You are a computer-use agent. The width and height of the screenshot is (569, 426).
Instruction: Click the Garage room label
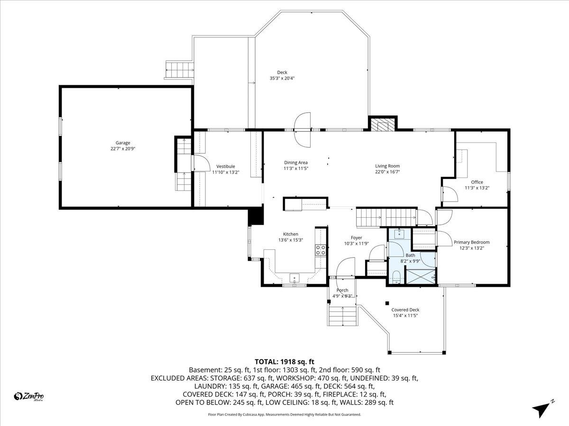click(x=123, y=142)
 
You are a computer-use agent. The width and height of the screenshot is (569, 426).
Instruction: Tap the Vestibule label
click(x=226, y=166)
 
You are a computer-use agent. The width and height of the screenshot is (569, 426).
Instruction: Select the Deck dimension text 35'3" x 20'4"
click(x=283, y=79)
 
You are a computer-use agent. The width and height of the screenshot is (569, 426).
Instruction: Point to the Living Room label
click(x=387, y=166)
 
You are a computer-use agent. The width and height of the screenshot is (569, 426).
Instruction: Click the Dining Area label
click(x=296, y=162)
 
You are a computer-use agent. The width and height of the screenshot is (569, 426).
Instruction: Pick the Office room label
click(x=477, y=182)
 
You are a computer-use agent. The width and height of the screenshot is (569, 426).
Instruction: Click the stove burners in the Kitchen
click(x=321, y=250)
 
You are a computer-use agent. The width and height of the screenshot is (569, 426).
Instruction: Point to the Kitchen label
click(x=291, y=234)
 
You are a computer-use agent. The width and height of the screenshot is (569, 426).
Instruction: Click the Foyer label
click(x=356, y=238)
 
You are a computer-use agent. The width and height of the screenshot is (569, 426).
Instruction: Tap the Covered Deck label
click(x=405, y=310)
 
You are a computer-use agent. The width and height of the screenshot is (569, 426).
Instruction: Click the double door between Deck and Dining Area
click(x=303, y=129)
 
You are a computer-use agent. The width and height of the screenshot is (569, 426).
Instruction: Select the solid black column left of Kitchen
click(x=256, y=216)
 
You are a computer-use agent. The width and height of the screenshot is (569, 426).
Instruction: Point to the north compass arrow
click(x=542, y=408)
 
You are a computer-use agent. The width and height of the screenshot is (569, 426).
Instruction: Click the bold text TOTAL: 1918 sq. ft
click(x=284, y=361)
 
